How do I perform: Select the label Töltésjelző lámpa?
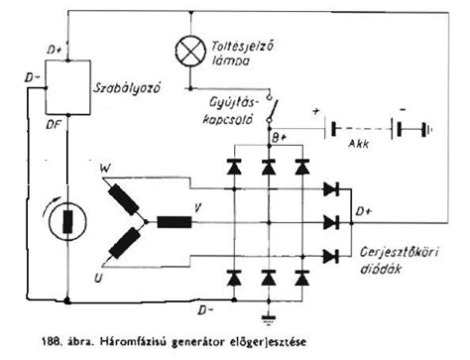pos(242,53)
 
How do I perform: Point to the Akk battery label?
pos(360,141)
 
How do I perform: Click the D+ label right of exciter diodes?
pos(364,210)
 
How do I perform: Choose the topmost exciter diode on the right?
pos(331,188)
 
